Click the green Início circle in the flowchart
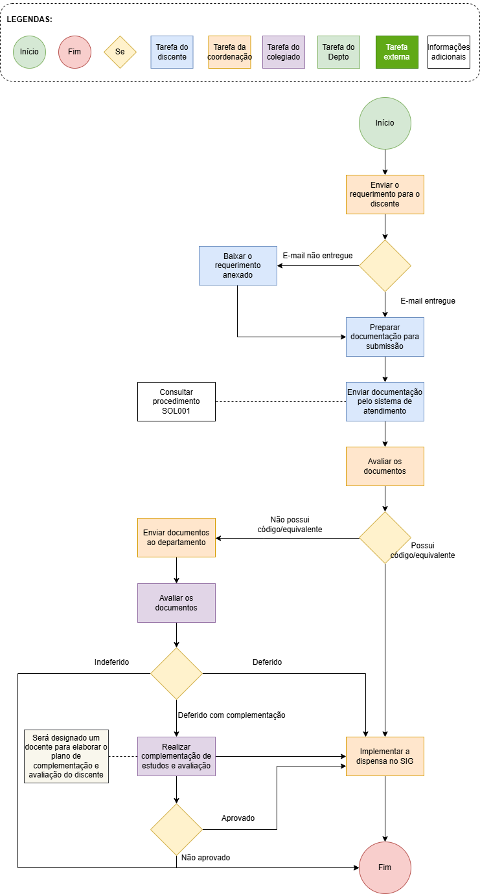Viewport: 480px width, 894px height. pos(385,124)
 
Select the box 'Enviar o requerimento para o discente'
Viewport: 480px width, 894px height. pos(385,194)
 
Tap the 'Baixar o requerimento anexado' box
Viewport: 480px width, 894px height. pos(238,265)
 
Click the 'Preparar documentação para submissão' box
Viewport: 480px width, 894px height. pos(385,337)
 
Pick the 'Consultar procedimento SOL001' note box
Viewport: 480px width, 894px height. pos(176,401)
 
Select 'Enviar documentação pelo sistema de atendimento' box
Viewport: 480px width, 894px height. pos(385,401)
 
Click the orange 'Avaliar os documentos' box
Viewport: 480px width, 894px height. pos(385,466)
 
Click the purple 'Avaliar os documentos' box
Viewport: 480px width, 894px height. pos(176,603)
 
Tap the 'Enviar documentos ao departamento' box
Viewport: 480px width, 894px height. pos(176,537)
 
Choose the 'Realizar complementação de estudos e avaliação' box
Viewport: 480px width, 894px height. pos(176,756)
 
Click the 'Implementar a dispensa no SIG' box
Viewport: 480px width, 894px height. pos(385,756)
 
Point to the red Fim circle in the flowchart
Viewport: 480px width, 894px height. pos(385,867)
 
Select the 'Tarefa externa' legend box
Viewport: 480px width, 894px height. pos(396,52)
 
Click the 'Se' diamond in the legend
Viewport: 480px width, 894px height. pos(120,52)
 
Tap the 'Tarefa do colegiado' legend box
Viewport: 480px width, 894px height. pos(284,52)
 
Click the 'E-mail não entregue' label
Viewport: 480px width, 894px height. pos(317,256)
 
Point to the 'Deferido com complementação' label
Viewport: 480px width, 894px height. pos(232,715)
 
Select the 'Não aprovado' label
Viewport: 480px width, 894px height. pos(205,858)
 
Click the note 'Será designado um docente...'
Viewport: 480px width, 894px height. pos(66,756)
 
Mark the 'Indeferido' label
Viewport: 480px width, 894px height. pos(111,662)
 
